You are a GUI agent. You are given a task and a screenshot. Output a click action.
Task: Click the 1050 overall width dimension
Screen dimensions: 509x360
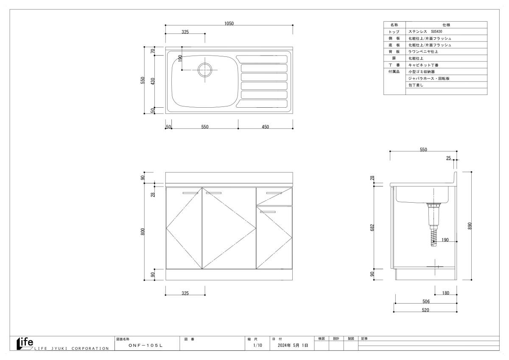click(x=229, y=23)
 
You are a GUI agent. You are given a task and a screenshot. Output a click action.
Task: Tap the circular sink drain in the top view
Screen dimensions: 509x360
click(x=205, y=70)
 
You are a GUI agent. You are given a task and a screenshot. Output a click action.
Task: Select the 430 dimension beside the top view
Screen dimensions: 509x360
click(x=153, y=81)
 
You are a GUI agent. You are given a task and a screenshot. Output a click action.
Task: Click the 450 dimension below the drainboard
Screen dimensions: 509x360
click(x=265, y=127)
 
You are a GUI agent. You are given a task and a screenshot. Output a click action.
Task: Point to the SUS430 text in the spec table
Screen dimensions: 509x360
click(x=436, y=31)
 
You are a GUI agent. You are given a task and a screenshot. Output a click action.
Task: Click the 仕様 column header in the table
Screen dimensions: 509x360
click(x=446, y=25)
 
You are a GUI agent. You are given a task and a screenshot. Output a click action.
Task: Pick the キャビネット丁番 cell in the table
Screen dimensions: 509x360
click(x=423, y=65)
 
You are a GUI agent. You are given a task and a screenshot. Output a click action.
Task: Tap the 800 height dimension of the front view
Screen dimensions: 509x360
click(x=143, y=232)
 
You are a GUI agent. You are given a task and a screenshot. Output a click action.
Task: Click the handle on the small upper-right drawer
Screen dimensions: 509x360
click(x=274, y=193)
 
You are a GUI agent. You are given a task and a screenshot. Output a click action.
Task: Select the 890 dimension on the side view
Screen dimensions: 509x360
click(x=470, y=226)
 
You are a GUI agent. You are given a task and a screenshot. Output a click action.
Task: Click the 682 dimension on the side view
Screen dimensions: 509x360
click(x=372, y=228)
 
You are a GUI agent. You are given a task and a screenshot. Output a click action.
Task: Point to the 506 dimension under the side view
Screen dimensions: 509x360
click(x=426, y=301)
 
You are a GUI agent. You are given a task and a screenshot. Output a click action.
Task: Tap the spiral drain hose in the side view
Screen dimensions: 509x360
click(x=433, y=237)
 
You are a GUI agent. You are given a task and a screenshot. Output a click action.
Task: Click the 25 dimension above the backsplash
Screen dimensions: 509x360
click(x=448, y=158)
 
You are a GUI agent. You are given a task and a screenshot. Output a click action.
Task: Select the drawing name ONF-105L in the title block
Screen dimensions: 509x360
click(x=145, y=346)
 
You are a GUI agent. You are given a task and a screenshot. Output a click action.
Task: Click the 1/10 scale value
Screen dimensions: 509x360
click(x=258, y=345)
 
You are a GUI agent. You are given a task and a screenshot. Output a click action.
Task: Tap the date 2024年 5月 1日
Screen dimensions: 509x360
click(x=293, y=345)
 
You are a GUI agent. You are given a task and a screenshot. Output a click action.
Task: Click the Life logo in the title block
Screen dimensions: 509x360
click(x=25, y=343)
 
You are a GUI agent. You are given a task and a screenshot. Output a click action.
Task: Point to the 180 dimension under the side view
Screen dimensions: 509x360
click(x=446, y=293)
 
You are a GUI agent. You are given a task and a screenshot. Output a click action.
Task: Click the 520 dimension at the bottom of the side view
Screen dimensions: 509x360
click(x=425, y=310)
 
